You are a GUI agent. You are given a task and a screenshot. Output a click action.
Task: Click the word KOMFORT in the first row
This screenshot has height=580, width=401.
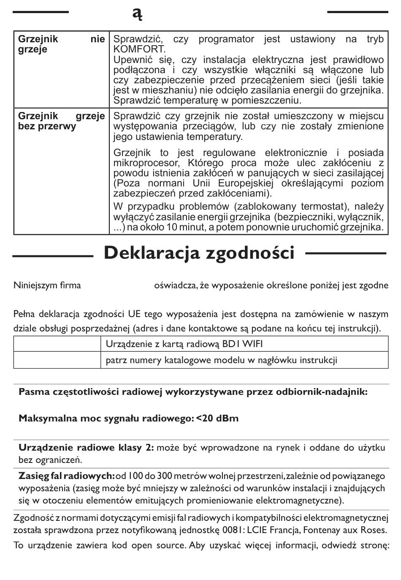tap(139, 49)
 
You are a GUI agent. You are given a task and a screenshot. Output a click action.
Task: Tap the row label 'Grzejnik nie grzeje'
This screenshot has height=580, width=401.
tap(61, 44)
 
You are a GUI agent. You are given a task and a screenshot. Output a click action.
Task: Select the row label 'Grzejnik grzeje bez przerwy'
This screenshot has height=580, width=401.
tap(61, 121)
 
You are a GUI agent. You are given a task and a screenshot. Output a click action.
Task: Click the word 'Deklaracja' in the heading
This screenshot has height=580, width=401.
tap(152, 253)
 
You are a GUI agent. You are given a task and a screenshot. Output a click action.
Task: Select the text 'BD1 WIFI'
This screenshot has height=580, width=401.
tap(242, 344)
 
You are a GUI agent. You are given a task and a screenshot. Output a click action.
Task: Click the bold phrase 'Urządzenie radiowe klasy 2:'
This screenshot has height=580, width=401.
tap(86, 448)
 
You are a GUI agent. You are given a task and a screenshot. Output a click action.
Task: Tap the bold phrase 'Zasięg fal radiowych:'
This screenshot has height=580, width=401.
tap(67, 476)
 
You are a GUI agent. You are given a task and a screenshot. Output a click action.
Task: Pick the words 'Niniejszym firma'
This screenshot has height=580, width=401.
tap(47, 285)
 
